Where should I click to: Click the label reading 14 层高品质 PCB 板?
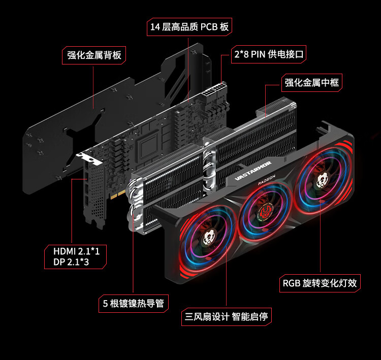[x=189, y=27]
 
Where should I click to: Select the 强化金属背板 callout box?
[x=94, y=55]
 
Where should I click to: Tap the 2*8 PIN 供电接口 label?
[x=269, y=54]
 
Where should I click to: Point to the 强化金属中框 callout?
[x=312, y=83]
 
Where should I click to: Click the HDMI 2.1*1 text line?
[x=77, y=251]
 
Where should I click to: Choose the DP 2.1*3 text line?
[x=71, y=262]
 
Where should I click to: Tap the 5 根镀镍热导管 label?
[x=134, y=304]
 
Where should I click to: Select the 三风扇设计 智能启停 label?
[x=227, y=317]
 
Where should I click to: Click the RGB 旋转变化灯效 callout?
[x=320, y=283]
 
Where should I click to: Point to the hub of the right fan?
[x=322, y=180]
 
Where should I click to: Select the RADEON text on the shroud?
[x=267, y=180]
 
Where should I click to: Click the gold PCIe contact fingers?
[x=118, y=195]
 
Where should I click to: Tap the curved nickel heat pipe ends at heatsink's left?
[x=135, y=204]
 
